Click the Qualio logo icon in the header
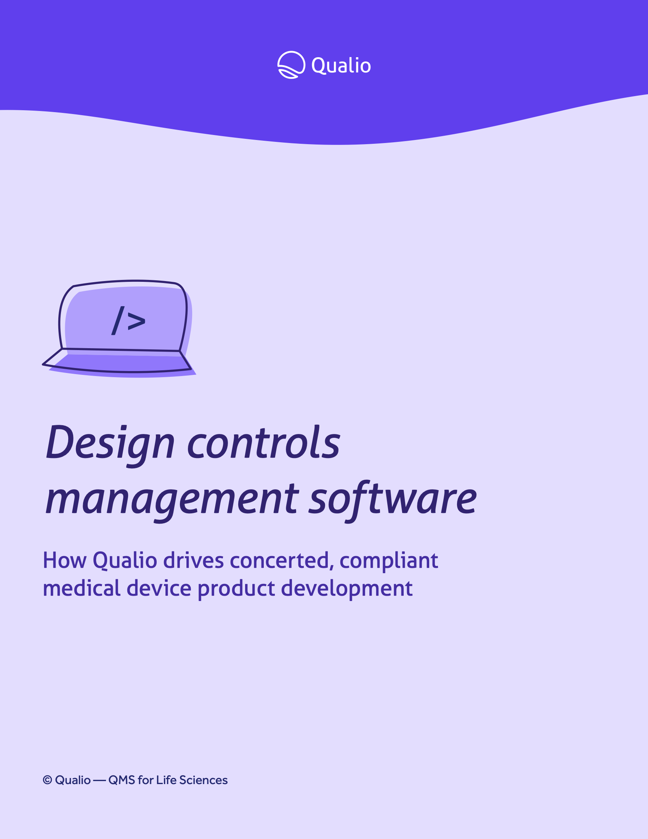291,65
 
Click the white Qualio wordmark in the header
341,65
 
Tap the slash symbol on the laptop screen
118,320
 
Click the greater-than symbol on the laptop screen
137,321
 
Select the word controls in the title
264,443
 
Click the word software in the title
393,499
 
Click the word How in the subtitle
64,561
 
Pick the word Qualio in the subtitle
125,561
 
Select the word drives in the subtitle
194,561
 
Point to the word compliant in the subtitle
388,561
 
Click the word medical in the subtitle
82,588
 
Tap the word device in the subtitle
159,588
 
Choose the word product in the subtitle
236,589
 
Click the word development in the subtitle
346,589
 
